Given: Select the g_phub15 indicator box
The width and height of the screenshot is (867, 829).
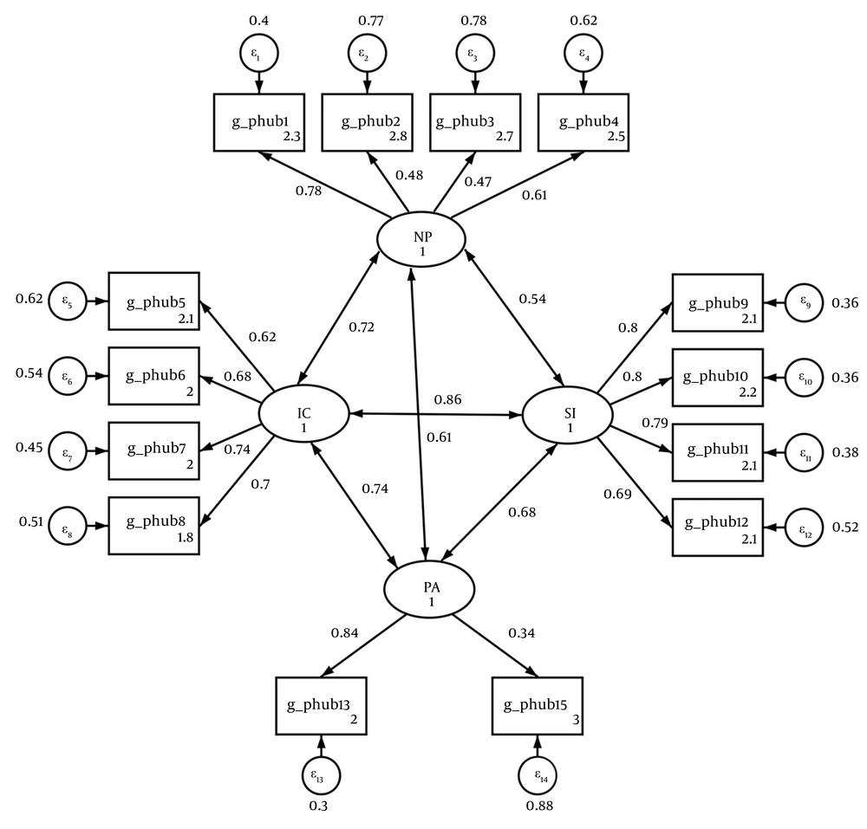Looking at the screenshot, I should [x=537, y=701].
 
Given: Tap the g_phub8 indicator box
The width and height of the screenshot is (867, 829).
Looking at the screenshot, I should [x=153, y=525].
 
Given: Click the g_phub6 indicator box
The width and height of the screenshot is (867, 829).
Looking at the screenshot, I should [x=153, y=376].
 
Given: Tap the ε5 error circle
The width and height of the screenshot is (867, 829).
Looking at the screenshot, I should [x=66, y=302].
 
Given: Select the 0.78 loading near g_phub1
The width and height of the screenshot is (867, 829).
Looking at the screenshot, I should [x=308, y=191].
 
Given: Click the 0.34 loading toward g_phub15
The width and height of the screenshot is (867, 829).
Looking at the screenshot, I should [x=520, y=632].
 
